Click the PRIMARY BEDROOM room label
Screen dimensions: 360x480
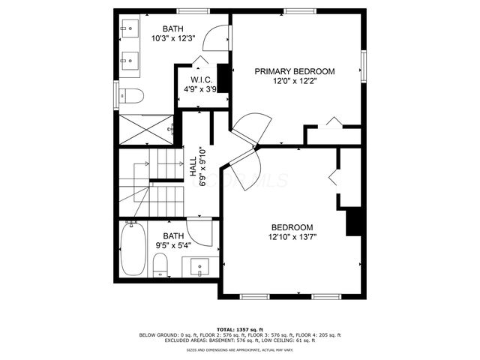294,71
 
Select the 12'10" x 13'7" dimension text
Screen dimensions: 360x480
292,238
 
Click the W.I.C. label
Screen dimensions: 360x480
200,79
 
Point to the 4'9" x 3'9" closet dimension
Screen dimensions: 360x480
200,89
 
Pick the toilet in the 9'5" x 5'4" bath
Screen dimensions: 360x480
159,265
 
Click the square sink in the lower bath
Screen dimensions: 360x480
201,267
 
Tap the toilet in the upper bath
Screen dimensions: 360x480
132,96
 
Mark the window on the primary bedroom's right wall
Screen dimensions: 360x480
364,63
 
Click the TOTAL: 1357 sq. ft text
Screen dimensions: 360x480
239,329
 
